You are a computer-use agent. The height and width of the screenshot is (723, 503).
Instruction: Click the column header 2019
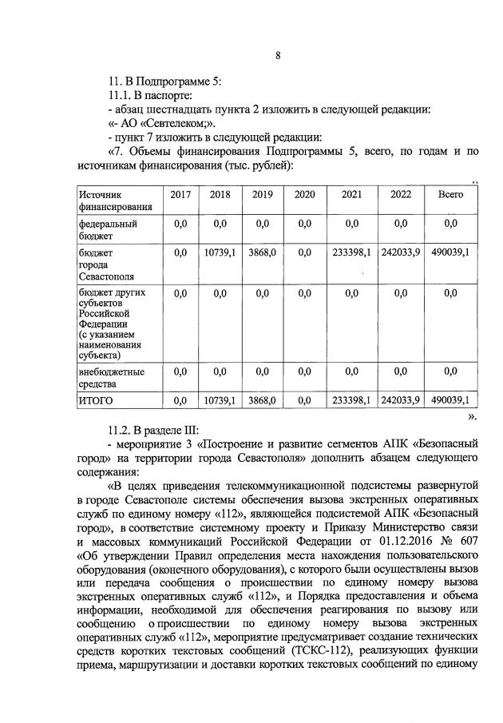point(262,195)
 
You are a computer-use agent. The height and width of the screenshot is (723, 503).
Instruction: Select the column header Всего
point(450,195)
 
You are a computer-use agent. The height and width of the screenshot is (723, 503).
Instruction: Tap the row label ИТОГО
point(97,400)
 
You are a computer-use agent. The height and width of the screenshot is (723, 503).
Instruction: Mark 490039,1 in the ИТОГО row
point(450,400)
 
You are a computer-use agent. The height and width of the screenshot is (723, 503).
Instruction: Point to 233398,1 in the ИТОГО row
point(351,400)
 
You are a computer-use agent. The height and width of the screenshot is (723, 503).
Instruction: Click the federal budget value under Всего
point(450,224)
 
